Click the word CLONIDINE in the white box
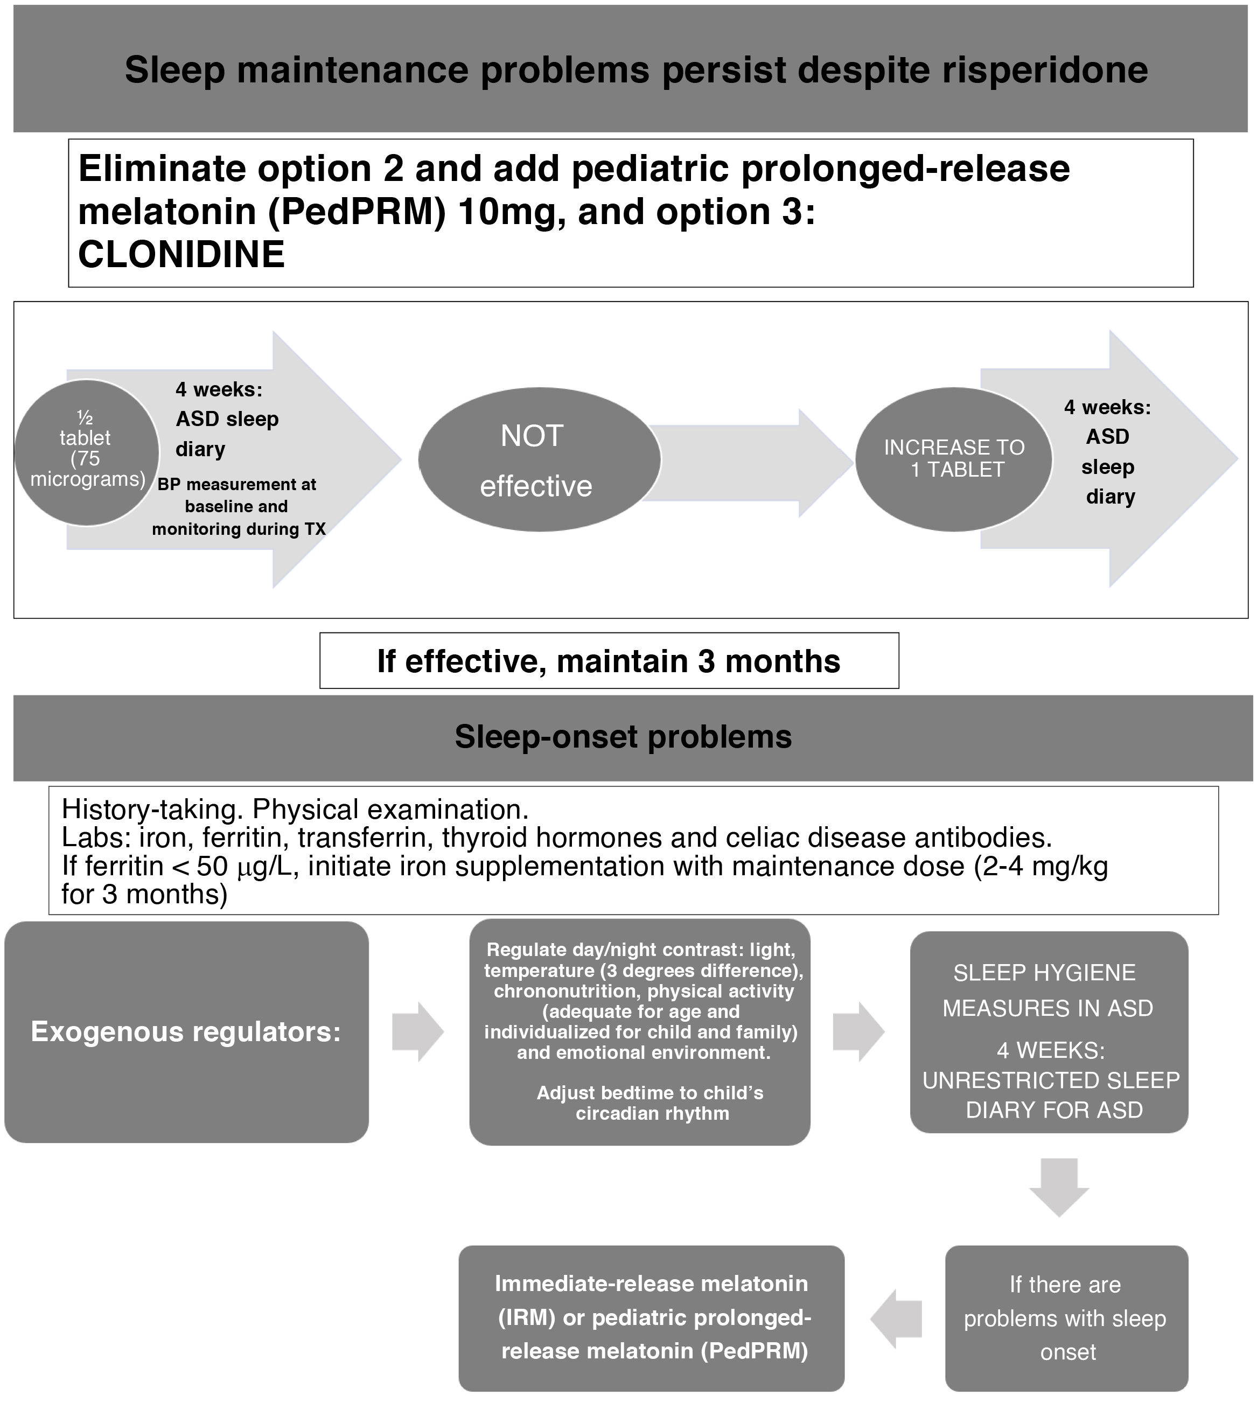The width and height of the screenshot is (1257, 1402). point(181,254)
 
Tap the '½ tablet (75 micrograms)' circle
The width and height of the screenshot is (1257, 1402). point(87,452)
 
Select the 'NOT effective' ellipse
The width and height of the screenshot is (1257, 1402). point(539,459)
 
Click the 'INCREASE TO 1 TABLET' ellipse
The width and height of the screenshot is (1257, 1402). point(953,458)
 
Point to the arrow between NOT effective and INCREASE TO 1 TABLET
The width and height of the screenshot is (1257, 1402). point(753,463)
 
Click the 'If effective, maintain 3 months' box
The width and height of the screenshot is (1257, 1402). point(609,661)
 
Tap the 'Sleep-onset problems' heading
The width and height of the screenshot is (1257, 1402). point(623,737)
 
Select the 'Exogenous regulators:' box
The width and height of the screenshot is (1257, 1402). point(186,1032)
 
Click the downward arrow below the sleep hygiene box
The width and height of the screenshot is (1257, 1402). point(1058,1187)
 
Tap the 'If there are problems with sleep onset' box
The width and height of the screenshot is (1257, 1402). point(1066,1318)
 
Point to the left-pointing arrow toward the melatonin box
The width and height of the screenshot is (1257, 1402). point(897,1319)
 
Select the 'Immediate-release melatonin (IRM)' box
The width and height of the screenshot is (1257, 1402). point(651,1318)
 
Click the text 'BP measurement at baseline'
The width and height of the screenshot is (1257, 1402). point(237,494)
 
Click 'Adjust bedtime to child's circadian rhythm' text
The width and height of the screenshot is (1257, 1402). point(651,1103)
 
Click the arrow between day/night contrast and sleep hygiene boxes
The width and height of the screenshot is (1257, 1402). point(858,1032)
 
